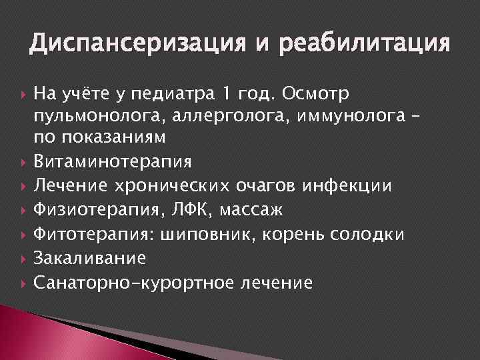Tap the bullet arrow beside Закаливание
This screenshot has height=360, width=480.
(22, 258)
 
